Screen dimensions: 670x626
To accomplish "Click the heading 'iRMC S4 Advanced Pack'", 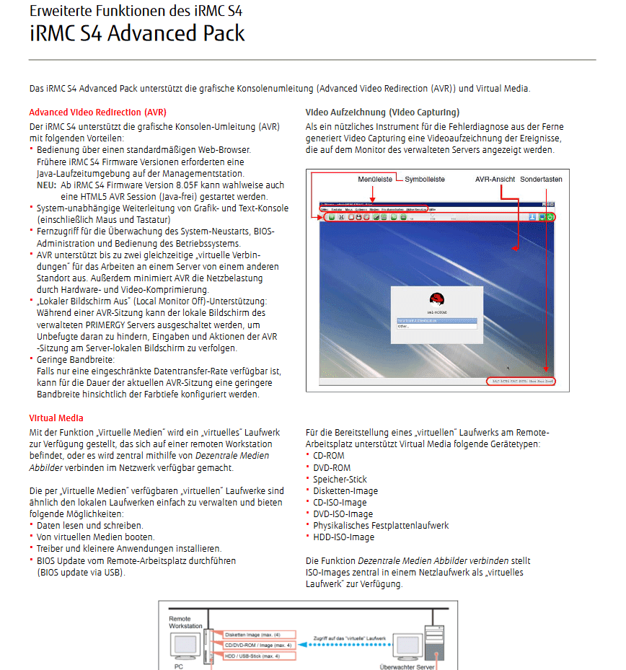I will coord(137,33).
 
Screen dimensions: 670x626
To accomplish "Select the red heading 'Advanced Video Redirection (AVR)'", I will coord(98,113).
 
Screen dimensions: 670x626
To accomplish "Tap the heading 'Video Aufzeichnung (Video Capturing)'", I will coord(382,113).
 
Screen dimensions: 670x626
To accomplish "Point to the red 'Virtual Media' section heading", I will coord(56,418).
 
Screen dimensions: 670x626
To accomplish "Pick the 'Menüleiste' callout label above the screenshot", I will coord(376,179).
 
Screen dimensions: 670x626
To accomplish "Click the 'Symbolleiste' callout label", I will coord(425,179).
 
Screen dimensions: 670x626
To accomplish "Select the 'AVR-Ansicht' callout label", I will coord(495,179).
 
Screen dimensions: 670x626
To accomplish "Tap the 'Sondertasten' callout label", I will coord(541,179).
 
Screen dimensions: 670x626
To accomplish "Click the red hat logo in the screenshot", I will coord(435,301).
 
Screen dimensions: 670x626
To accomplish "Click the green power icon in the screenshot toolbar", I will coord(551,216).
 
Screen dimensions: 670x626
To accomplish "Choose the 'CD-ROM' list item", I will coord(329,456).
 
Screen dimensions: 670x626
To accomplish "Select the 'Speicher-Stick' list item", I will coord(340,479).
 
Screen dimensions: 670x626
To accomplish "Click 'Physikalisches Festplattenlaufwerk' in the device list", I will coord(381,526).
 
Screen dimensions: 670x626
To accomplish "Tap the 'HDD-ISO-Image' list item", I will coord(343,537).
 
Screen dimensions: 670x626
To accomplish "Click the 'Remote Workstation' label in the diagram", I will coord(185,622).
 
